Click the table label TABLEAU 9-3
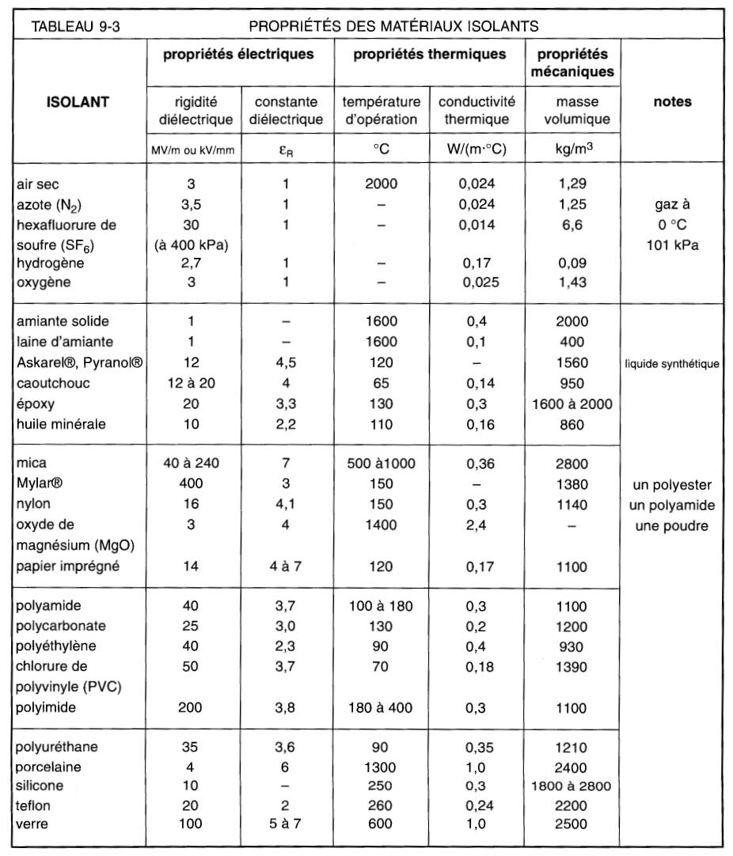[74, 25]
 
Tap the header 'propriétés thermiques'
[429, 55]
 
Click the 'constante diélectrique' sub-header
[286, 111]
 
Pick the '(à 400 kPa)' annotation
[191, 244]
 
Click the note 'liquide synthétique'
[673, 364]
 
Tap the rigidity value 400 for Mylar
[191, 484]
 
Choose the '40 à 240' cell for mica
[191, 464]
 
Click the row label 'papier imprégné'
[61, 566]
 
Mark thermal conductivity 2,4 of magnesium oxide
[476, 525]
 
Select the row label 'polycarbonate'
[60, 626]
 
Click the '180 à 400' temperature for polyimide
[381, 707]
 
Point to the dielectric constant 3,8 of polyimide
[286, 707]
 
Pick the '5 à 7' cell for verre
[286, 824]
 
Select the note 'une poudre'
[673, 525]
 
